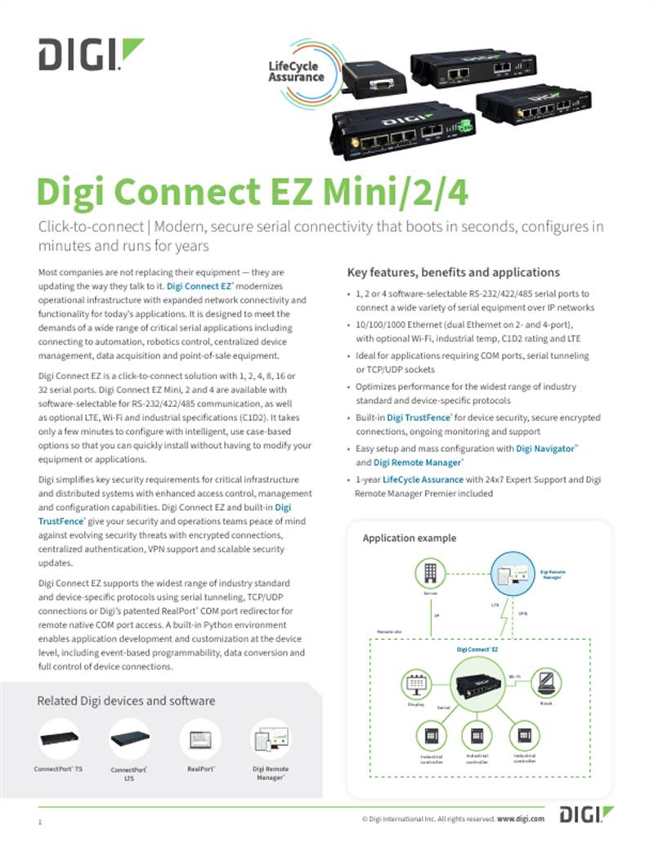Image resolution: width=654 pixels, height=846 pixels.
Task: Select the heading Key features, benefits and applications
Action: tap(454, 272)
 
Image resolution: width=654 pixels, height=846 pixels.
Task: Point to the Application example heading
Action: tap(409, 539)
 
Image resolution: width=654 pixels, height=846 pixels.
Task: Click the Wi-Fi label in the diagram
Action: tap(515, 677)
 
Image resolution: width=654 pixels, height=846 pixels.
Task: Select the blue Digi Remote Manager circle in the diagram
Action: tap(510, 575)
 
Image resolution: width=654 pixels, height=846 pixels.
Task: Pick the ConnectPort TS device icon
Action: tap(60, 739)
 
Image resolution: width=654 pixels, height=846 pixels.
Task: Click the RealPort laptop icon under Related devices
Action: tap(200, 741)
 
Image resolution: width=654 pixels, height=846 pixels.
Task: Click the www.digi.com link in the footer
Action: tap(520, 817)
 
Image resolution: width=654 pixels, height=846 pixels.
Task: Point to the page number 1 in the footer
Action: tap(40, 821)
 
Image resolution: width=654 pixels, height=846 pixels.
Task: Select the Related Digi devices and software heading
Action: tap(126, 701)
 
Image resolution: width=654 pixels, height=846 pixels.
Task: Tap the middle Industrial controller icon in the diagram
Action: tap(477, 735)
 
